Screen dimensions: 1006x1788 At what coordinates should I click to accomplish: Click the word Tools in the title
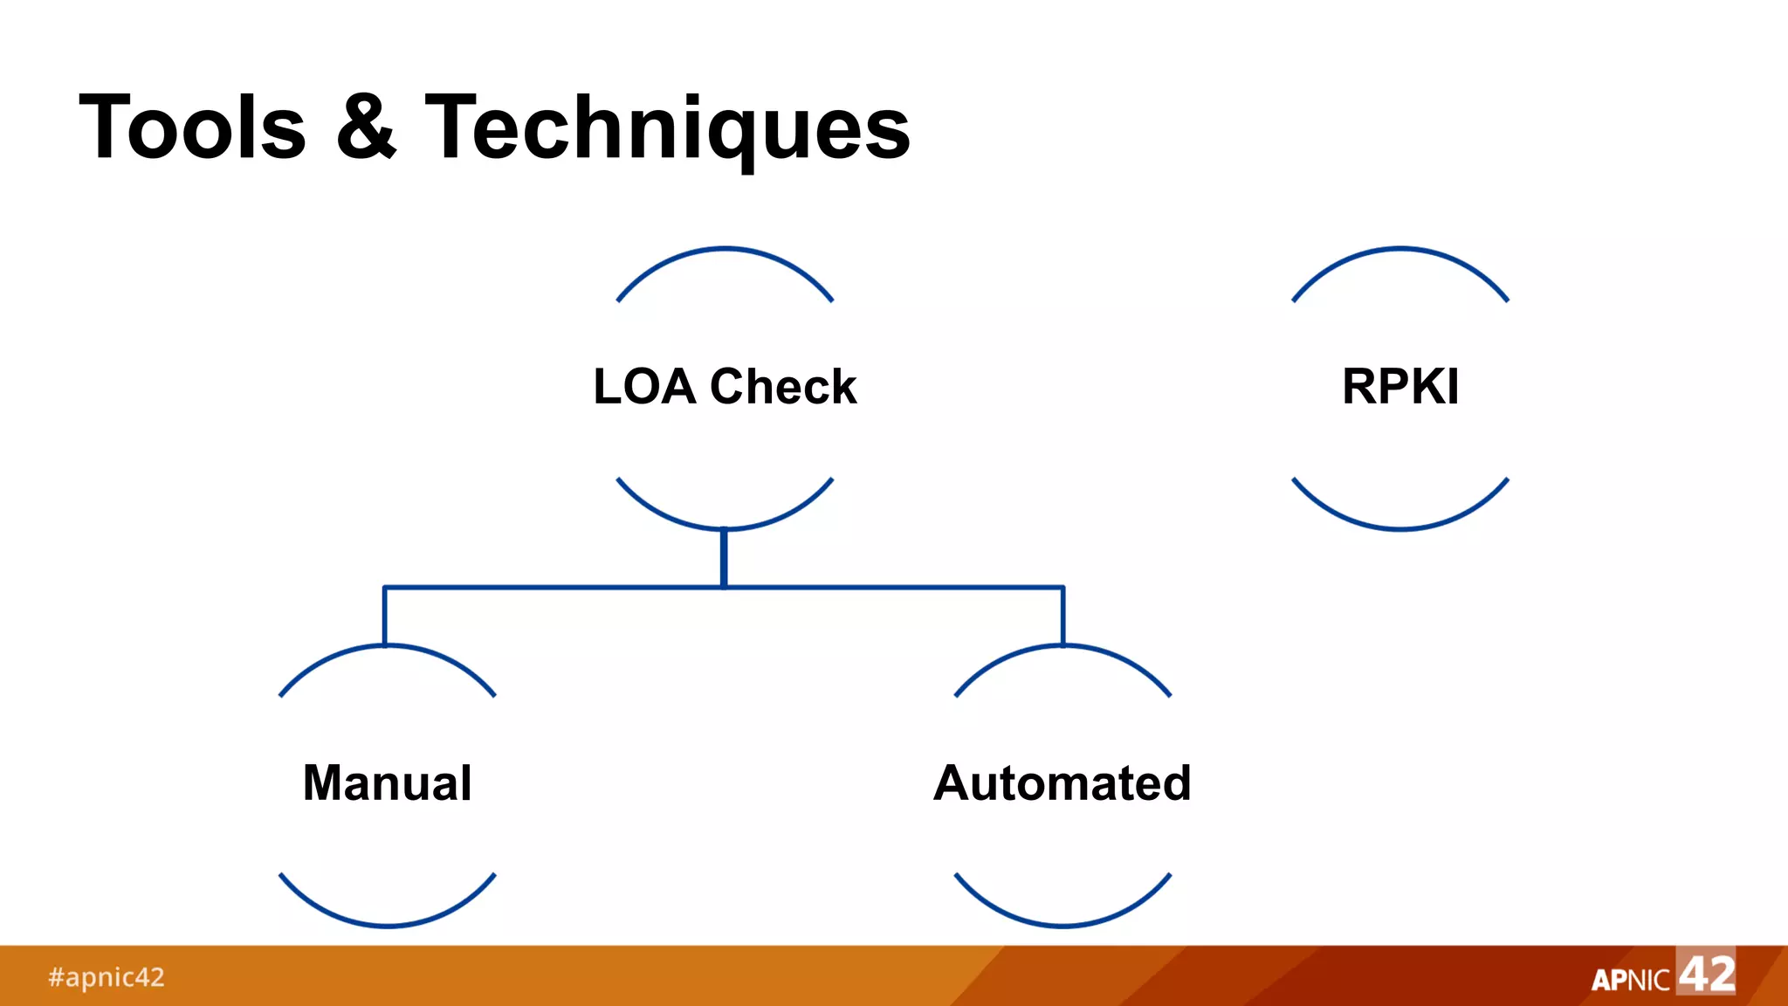[x=192, y=127]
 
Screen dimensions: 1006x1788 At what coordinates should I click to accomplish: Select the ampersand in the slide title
[x=367, y=127]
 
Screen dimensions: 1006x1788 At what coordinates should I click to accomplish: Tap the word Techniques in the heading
[x=668, y=129]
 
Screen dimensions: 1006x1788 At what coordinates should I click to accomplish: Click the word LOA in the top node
[x=644, y=387]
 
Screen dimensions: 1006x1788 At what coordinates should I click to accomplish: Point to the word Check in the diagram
[x=783, y=387]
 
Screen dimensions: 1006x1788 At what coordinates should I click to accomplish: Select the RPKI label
[x=1400, y=387]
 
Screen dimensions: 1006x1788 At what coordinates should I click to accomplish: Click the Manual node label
[x=388, y=782]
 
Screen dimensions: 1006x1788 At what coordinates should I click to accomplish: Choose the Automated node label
[x=1062, y=782]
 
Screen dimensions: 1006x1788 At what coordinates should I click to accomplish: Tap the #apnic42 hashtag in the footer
[x=107, y=977]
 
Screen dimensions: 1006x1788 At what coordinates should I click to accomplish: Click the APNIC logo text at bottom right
[x=1630, y=980]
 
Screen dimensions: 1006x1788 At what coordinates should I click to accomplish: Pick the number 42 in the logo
[x=1707, y=973]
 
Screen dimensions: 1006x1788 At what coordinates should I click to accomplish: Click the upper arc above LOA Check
[x=725, y=250]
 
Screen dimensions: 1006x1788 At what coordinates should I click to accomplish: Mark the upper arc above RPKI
[x=1400, y=250]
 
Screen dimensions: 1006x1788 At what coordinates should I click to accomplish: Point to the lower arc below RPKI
[x=1400, y=527]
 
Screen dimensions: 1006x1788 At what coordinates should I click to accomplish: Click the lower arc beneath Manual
[x=388, y=924]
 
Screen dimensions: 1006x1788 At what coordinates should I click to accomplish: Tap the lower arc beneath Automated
[x=1062, y=924]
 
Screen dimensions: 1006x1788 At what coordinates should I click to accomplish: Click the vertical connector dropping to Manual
[x=385, y=617]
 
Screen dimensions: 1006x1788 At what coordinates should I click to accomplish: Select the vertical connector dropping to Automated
[x=1062, y=617]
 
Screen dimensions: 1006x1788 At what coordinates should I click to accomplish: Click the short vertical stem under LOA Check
[x=724, y=557]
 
